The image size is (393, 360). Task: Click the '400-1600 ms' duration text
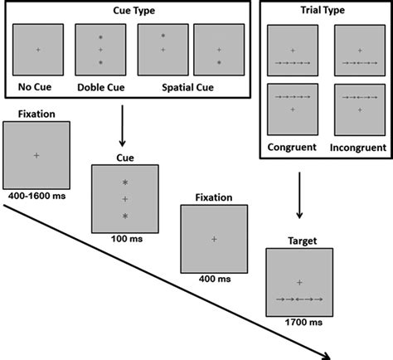point(36,195)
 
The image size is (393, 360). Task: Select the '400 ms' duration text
point(213,278)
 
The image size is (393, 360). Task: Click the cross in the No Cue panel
point(38,50)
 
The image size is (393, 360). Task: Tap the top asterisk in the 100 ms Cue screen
point(124,182)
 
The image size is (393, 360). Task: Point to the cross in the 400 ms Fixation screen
point(213,239)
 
